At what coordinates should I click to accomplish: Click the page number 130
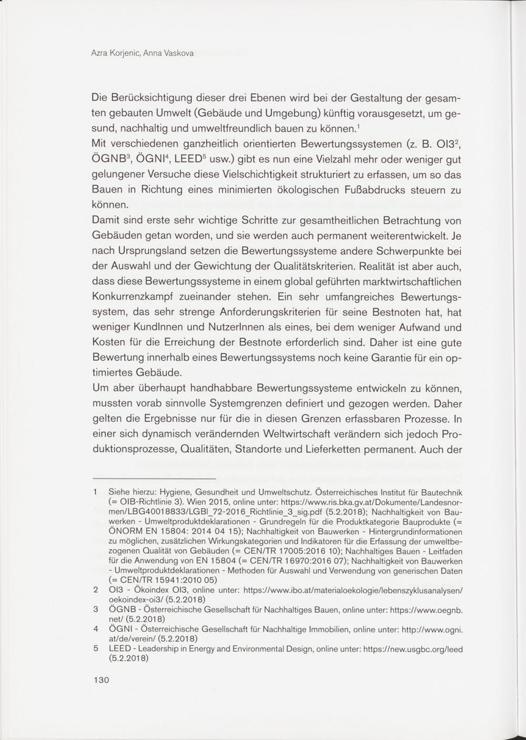[x=100, y=680]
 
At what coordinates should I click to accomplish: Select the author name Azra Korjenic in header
[x=116, y=53]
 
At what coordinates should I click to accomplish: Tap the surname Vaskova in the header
[x=178, y=53]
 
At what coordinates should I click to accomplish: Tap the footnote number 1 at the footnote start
[x=95, y=493]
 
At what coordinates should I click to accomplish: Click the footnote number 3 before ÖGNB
[x=95, y=609]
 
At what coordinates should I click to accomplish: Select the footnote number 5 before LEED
[x=95, y=648]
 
